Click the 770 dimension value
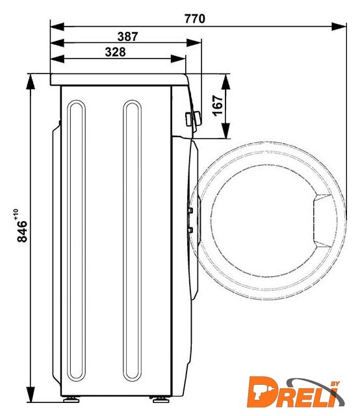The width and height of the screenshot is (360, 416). pos(195,19)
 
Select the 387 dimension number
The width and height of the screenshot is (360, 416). pos(127,36)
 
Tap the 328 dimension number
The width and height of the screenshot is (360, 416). pos(115,52)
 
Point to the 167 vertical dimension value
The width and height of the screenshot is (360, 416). pos(218,105)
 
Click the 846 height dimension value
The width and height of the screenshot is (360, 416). pos(22,231)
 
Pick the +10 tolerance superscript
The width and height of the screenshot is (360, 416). pos(16,214)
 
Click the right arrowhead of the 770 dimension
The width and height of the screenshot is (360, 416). pos(339,27)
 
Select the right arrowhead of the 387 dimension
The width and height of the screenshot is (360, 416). pos(194,43)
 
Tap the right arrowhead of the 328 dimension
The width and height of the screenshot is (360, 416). pos(178,59)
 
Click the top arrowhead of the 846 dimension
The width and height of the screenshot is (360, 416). pos(31,82)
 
